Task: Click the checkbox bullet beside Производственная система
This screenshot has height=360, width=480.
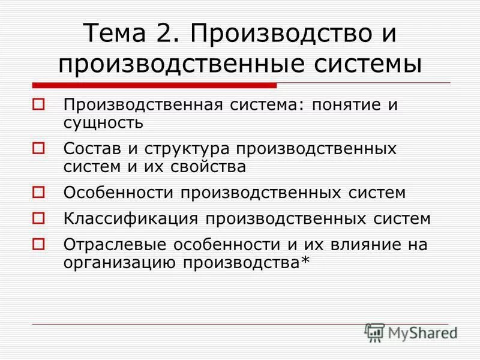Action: coord(39,104)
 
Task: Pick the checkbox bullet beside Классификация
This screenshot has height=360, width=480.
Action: coord(39,218)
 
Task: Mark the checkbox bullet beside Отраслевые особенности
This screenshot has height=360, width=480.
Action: coord(39,244)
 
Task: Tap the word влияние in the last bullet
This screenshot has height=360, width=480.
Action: coord(355,245)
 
